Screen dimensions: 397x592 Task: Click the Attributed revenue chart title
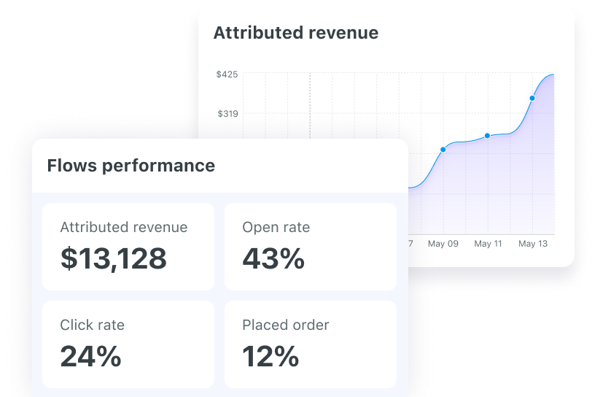(x=295, y=33)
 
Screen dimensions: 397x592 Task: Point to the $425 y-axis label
(x=227, y=74)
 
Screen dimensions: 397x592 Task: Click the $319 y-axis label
(x=227, y=113)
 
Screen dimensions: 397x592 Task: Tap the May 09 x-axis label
(x=443, y=244)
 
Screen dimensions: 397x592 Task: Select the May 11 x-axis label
(x=488, y=244)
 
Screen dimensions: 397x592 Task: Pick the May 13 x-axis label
(x=532, y=244)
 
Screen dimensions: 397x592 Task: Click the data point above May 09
(x=443, y=150)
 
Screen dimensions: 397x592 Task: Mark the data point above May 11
(x=488, y=136)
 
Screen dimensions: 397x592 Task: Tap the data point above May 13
(x=532, y=98)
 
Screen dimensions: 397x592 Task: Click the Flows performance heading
(x=131, y=166)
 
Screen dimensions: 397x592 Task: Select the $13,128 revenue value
(x=113, y=258)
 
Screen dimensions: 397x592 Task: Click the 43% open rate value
(x=273, y=258)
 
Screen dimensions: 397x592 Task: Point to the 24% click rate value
(x=90, y=356)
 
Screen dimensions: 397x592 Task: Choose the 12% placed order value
(x=270, y=356)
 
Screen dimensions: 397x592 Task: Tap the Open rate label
(x=276, y=228)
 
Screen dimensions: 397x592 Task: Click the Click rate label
(x=92, y=325)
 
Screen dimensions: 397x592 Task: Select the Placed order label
(x=286, y=325)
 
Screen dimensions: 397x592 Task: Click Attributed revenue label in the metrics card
(x=123, y=228)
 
